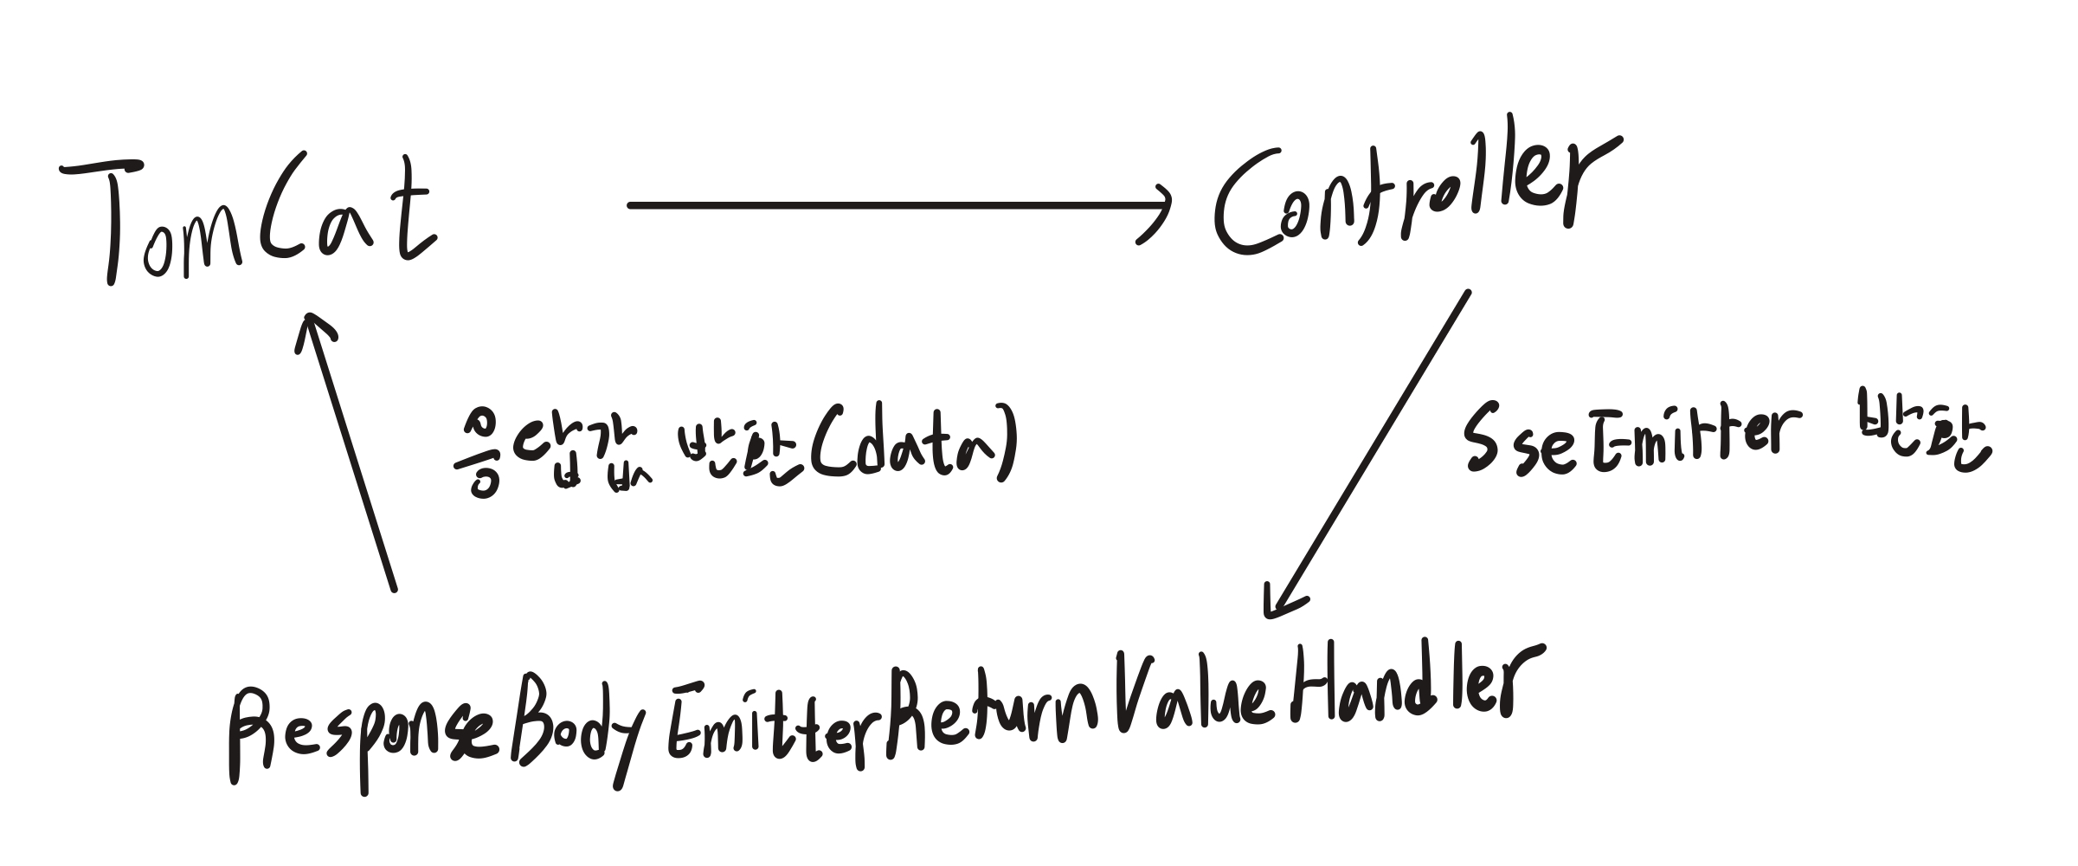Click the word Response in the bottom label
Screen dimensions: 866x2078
[x=363, y=736]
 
